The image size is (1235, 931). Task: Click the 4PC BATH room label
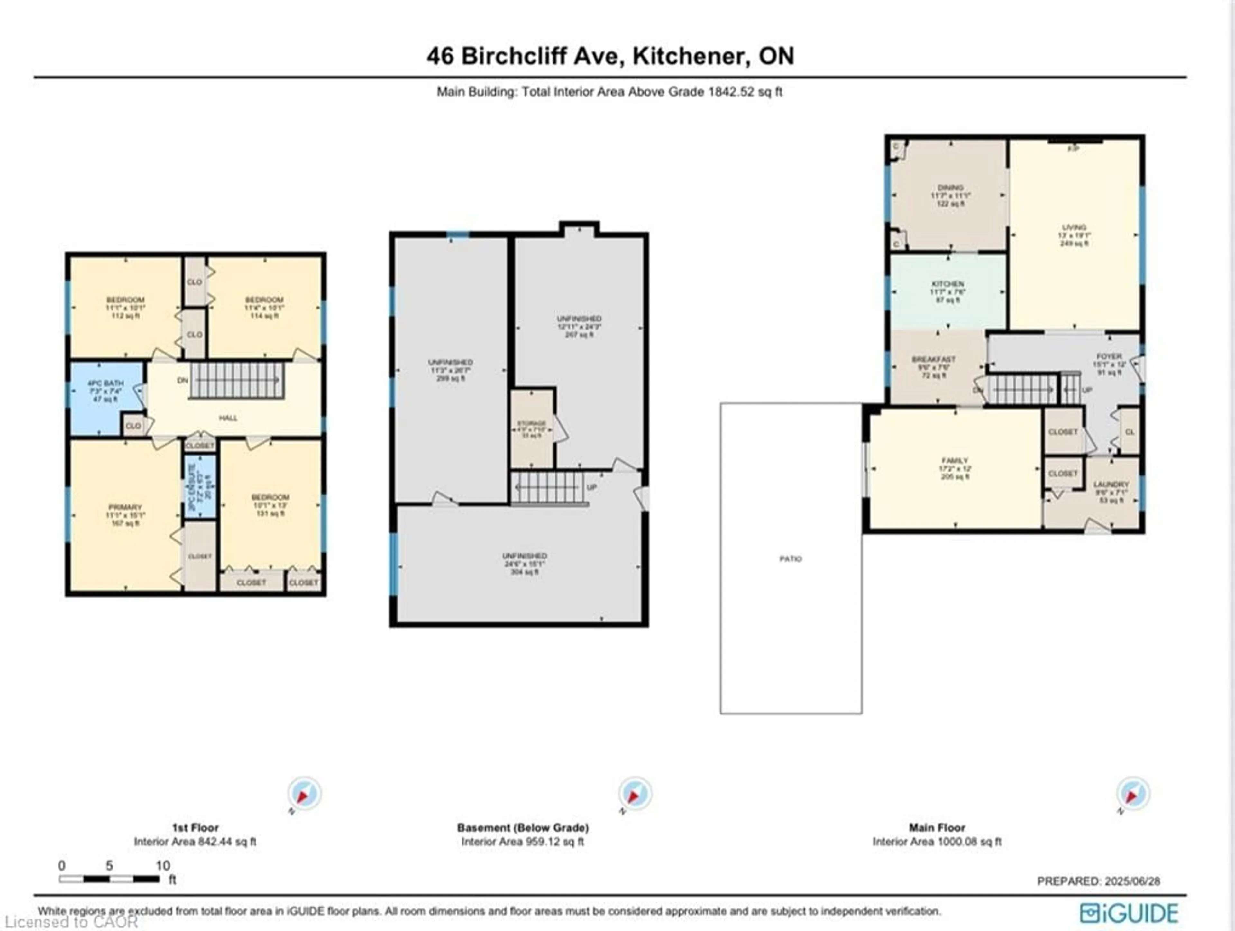point(105,383)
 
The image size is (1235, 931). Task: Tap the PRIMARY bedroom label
point(125,507)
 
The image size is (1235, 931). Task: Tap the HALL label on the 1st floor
point(228,418)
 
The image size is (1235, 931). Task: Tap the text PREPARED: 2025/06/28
point(1098,881)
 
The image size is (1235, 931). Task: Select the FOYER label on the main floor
point(1109,356)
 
